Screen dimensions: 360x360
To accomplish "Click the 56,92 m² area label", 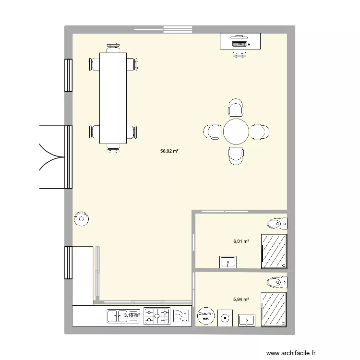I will [x=169, y=151].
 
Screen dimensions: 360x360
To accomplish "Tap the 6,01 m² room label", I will [x=241, y=241].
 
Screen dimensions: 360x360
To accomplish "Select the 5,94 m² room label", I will [x=241, y=300].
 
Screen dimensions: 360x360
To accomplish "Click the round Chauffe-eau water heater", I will [x=205, y=315].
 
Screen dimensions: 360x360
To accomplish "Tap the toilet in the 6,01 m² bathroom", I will [x=276, y=223].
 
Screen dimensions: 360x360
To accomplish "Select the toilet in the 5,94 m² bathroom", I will [x=276, y=282].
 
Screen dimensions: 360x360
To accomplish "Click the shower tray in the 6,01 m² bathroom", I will [x=274, y=251].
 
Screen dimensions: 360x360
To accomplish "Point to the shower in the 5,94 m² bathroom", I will [x=274, y=310].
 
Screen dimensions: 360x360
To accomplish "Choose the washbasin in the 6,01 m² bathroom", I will [x=228, y=262].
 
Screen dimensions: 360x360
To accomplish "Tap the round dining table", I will [x=236, y=132].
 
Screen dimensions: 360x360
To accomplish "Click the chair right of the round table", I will [x=260, y=132].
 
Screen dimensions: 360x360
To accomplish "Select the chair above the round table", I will [x=236, y=108].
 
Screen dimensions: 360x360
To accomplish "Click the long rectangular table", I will [x=113, y=98].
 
